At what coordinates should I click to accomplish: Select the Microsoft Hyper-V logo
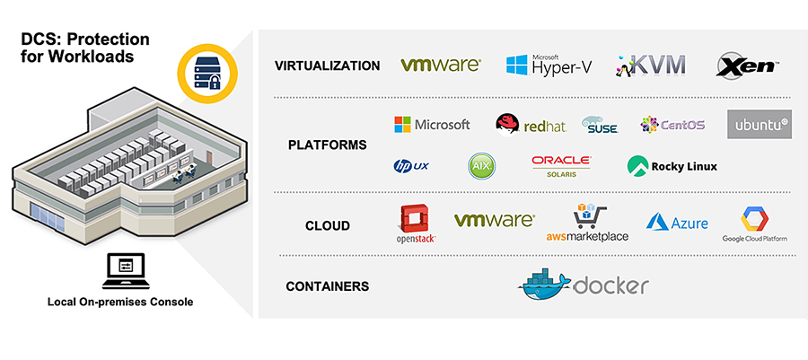point(544,65)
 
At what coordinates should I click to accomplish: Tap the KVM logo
point(651,65)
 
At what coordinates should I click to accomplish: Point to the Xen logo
point(747,65)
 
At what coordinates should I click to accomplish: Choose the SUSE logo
point(600,125)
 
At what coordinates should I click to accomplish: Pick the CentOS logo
point(672,125)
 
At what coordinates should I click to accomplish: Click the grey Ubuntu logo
point(759,124)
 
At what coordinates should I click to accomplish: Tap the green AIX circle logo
point(481,166)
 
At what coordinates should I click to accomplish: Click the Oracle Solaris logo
point(561,165)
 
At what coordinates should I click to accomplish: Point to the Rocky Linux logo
point(672,166)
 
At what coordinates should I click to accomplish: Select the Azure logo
point(677,223)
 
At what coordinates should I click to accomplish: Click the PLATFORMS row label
point(314,145)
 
